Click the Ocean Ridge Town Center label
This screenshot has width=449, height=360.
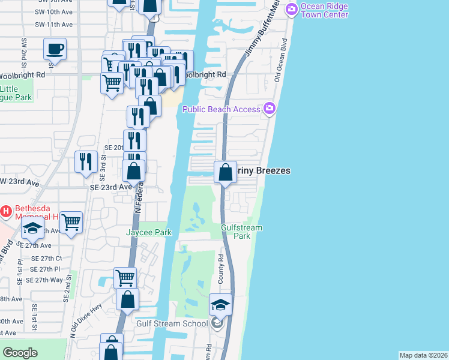tap(324, 10)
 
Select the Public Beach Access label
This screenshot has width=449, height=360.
tap(221, 109)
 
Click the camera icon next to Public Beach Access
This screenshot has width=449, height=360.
tap(269, 109)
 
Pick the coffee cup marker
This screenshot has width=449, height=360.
tap(55, 49)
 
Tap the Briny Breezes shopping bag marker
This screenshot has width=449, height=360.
tap(225, 172)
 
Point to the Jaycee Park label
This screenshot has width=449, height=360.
tap(149, 232)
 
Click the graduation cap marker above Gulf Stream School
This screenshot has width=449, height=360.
tap(220, 305)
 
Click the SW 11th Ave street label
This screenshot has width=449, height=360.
tap(53, 25)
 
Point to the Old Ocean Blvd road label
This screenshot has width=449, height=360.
tap(279, 61)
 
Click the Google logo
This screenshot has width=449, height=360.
tap(20, 352)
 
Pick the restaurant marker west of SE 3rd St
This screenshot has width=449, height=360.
tap(86, 161)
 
